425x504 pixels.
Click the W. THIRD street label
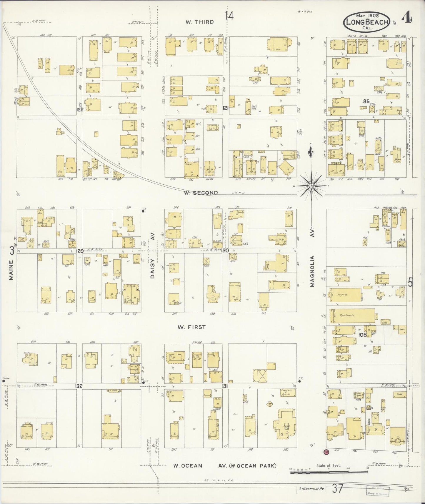pos(200,22)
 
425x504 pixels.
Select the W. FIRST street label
pos(191,327)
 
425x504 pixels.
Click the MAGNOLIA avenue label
pos(313,271)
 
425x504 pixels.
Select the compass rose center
pos(311,186)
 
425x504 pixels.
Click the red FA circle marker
pos(326,451)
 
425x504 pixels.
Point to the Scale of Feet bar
pos(329,472)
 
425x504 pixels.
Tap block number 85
pos(366,101)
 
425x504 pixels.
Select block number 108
pos(363,334)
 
